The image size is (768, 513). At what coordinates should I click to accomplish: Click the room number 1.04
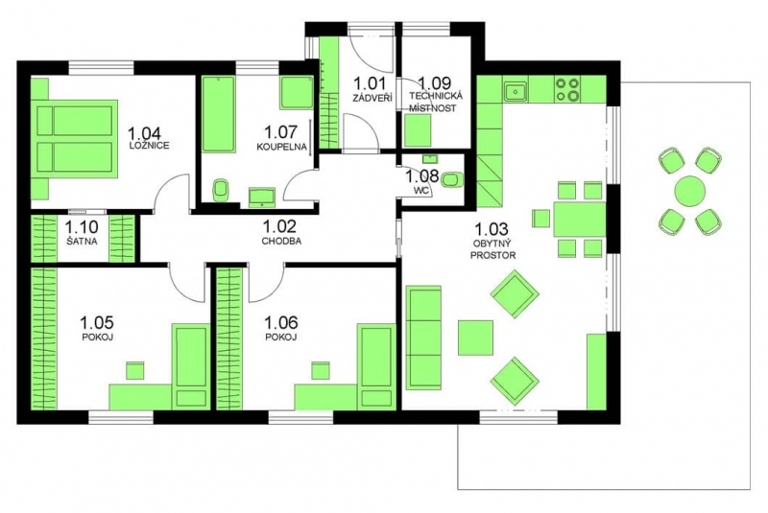[x=144, y=133]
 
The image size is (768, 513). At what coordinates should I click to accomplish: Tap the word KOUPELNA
[x=281, y=146]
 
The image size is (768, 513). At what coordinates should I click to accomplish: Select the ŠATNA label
[x=83, y=241]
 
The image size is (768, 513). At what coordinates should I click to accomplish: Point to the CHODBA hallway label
[x=281, y=241]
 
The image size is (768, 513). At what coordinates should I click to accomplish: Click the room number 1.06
[x=281, y=323]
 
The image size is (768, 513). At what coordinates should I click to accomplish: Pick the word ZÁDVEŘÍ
[x=372, y=98]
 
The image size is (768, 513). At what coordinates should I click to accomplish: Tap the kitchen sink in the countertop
[x=515, y=90]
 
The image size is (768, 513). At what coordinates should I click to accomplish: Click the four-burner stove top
[x=567, y=89]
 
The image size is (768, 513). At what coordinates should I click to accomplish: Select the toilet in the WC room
[x=451, y=179]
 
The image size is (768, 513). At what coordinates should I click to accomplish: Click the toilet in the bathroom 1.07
[x=221, y=190]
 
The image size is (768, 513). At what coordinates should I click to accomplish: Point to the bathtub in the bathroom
[x=218, y=113]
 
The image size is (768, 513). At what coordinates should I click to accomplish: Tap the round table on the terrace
[x=689, y=191]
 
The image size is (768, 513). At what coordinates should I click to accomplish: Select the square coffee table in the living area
[x=475, y=338]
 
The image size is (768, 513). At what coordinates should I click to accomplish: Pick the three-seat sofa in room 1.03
[x=423, y=337]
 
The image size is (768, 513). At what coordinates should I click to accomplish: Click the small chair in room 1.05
[x=135, y=370]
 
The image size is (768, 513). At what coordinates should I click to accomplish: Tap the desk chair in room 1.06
[x=321, y=370]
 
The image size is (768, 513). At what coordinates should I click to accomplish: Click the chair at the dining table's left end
[x=541, y=218]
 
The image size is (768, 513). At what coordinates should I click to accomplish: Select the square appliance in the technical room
[x=418, y=130]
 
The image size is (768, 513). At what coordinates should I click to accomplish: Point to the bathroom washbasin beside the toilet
[x=262, y=197]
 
